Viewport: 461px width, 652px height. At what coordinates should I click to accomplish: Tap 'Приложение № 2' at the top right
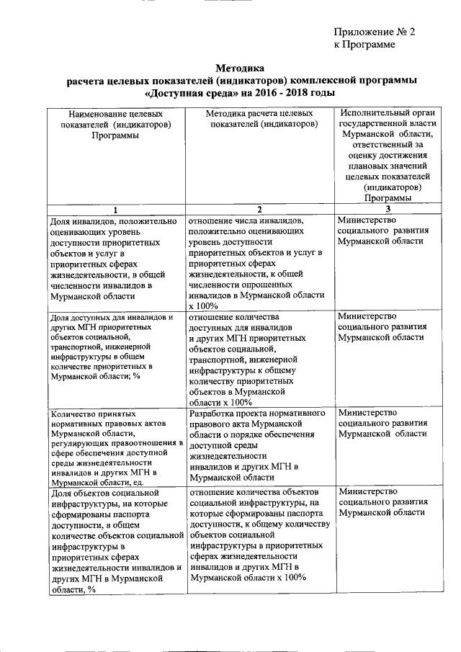point(375,32)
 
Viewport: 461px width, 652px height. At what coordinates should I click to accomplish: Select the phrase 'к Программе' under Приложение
point(364,44)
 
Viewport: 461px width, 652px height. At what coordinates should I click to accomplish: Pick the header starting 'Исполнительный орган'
point(388,156)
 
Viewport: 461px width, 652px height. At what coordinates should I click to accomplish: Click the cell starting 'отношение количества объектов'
point(257,535)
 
